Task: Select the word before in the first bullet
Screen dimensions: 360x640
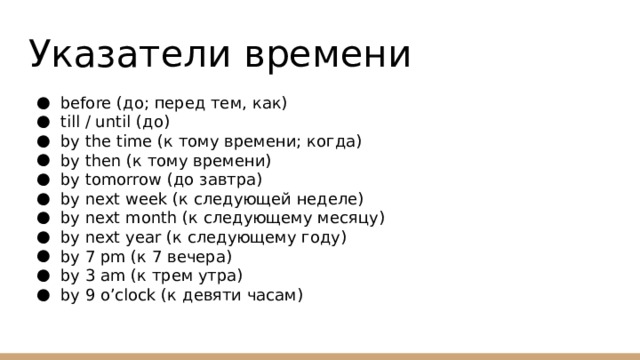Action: [x=85, y=103]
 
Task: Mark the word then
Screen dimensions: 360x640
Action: [x=101, y=161]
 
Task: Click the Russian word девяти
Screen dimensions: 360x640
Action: [x=210, y=295]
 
